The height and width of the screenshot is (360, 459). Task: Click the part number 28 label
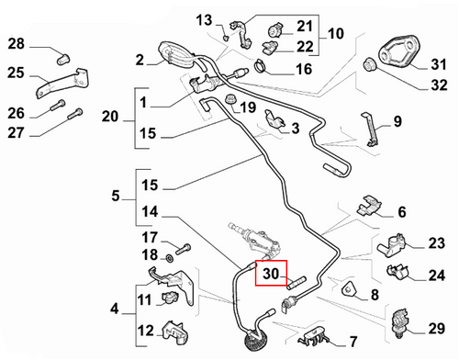(17, 44)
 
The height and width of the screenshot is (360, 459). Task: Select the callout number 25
(17, 73)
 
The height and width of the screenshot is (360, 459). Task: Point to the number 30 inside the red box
(270, 274)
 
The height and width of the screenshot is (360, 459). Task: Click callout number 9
(397, 120)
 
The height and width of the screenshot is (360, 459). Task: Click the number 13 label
(203, 20)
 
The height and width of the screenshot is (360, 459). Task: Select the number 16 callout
(304, 69)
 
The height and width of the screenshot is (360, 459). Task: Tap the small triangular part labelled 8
(350, 291)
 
